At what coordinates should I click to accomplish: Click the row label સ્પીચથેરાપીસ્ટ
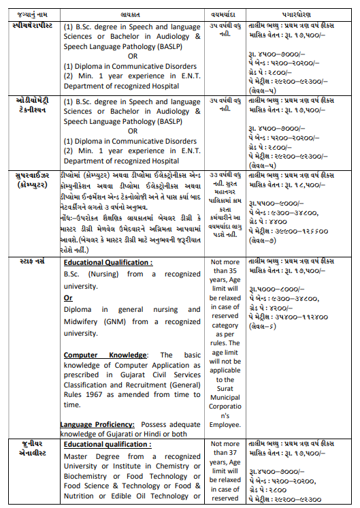pos(32,25)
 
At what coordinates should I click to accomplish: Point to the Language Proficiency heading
pos(101,424)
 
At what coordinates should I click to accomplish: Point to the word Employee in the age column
pos(225,424)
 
